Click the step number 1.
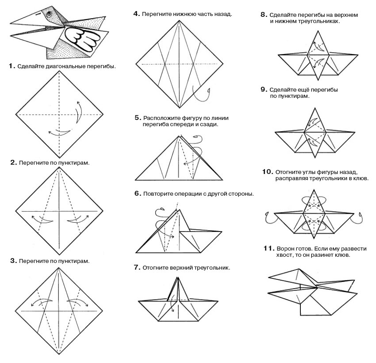pos(12,66)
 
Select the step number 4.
pos(136,14)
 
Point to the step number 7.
pos(136,267)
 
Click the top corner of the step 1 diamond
pos(59,71)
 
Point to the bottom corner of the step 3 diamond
pos(59,354)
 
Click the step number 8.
pos(264,15)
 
